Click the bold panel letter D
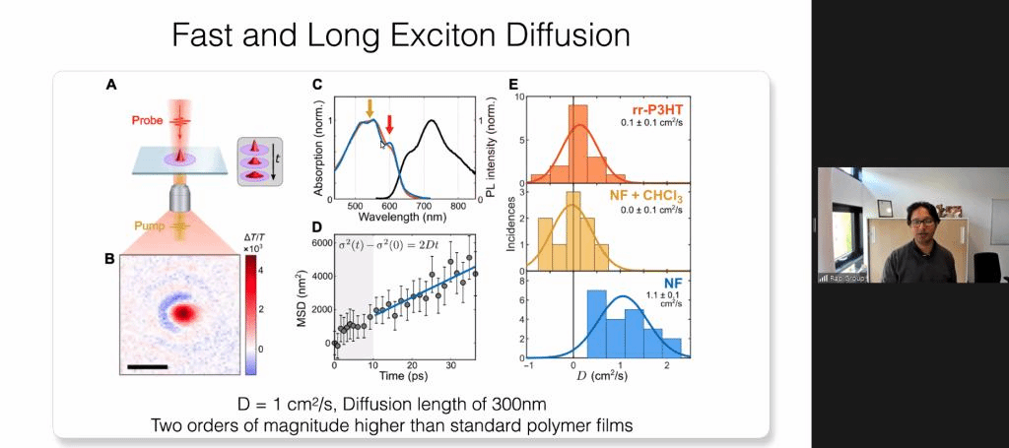317,227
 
